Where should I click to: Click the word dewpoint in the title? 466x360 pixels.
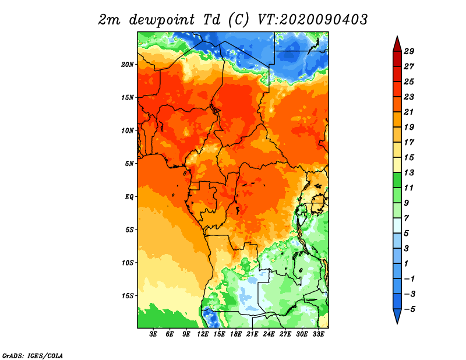point(162,20)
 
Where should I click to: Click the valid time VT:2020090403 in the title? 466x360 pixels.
point(312,20)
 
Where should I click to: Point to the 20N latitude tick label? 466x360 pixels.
point(128,65)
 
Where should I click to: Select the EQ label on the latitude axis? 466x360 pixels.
point(129,197)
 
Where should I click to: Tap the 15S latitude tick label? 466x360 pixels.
point(128,296)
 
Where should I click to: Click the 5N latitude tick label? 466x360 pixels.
point(129,164)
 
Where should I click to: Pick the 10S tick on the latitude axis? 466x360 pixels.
point(128,263)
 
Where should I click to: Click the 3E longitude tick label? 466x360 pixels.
point(153,334)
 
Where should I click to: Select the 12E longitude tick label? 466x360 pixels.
point(203,334)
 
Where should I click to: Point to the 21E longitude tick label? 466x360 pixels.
point(252,334)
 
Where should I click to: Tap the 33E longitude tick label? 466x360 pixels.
point(318,334)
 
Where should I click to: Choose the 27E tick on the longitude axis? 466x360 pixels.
point(285,334)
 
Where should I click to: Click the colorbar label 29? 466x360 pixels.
point(409,52)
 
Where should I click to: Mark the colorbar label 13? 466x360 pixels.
point(409,172)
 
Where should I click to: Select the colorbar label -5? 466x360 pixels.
point(409,309)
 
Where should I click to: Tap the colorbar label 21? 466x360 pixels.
point(409,112)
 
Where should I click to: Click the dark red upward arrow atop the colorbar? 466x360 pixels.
point(397,44)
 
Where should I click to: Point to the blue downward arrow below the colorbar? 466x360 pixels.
point(397,316)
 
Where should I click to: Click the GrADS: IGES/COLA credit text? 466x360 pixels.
point(33,356)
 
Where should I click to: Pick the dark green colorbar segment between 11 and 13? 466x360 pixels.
point(397,180)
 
